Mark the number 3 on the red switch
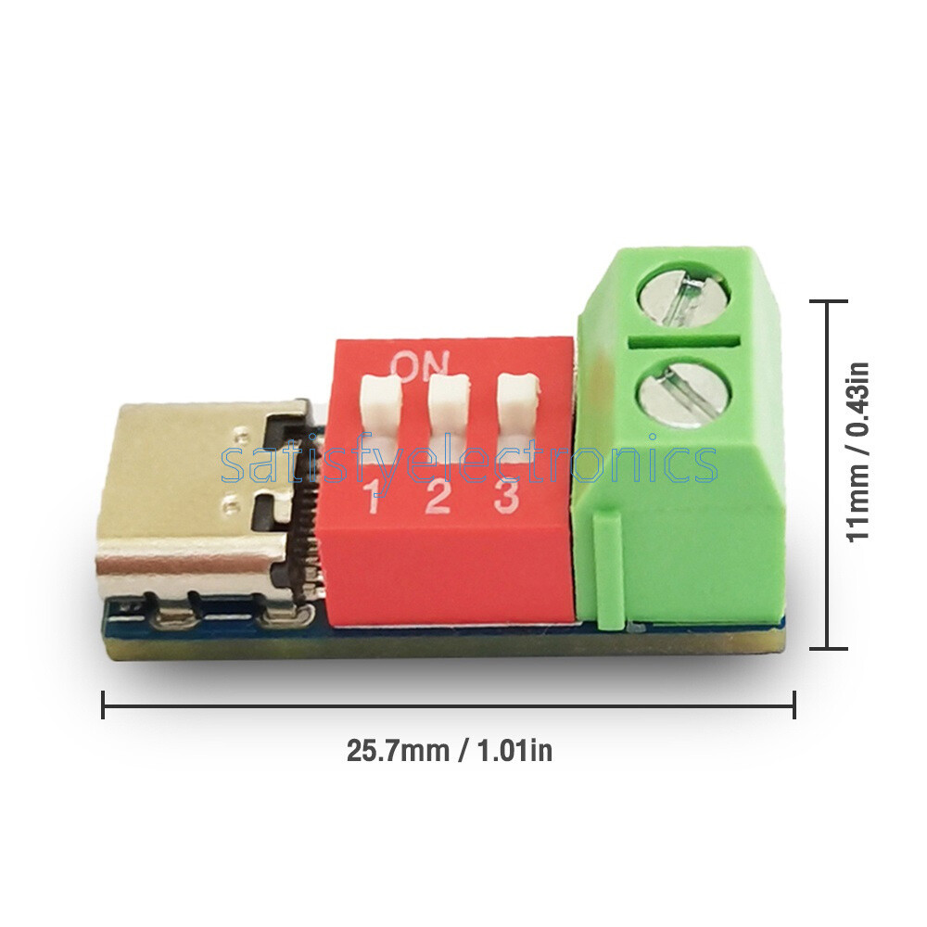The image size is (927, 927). click(x=505, y=497)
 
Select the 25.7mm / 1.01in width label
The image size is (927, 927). click(x=449, y=750)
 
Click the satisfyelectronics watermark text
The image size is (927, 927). click(x=469, y=462)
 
